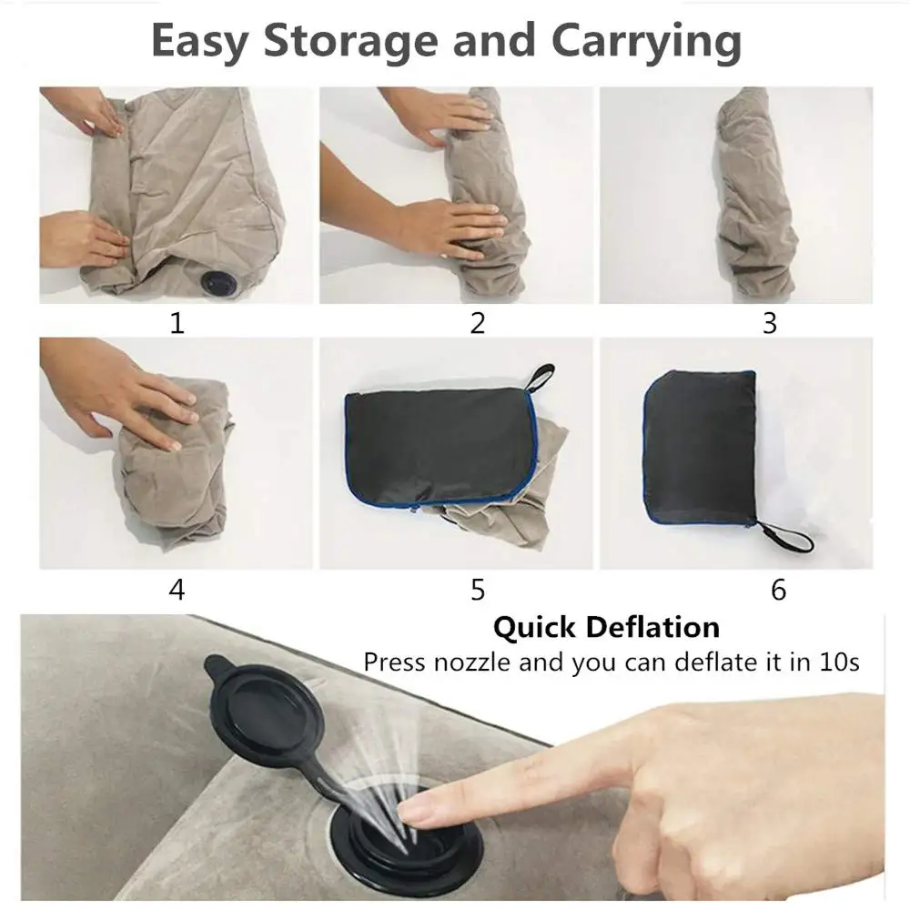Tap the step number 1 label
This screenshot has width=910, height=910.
pyautogui.click(x=177, y=323)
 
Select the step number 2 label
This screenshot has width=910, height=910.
pyautogui.click(x=478, y=323)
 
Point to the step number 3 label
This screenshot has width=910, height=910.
pyautogui.click(x=770, y=323)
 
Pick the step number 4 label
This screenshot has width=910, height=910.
pyautogui.click(x=177, y=590)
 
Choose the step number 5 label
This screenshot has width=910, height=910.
pyautogui.click(x=478, y=590)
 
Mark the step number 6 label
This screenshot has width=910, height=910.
pyautogui.click(x=778, y=590)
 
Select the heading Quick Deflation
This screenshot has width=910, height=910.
pyautogui.click(x=606, y=627)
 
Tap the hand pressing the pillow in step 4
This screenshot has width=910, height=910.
pyautogui.click(x=136, y=400)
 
